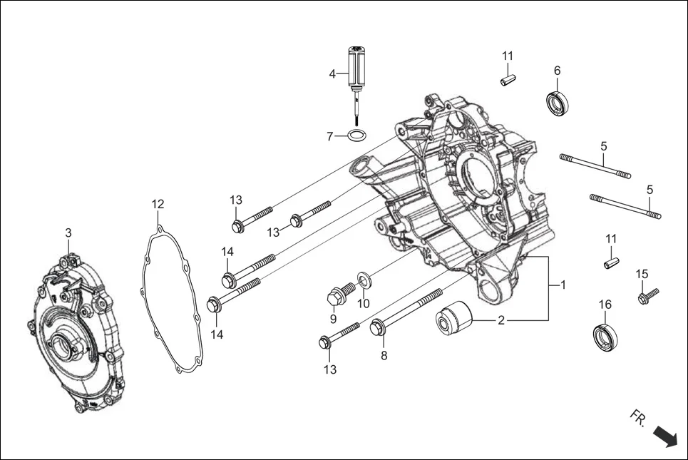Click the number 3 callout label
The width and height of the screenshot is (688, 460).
tap(68, 233)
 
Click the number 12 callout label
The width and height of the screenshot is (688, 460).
tap(158, 205)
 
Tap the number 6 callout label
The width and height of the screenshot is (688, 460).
tap(558, 71)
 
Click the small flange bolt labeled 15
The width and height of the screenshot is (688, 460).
tap(649, 292)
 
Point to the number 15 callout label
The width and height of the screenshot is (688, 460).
tap(642, 274)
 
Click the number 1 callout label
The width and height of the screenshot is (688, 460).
tap(563, 285)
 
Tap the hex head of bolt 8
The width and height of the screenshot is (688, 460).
tap(378, 328)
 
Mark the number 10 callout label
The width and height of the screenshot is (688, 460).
tap(364, 303)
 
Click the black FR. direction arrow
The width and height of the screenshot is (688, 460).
tap(664, 435)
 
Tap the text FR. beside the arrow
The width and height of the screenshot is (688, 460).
tap(637, 419)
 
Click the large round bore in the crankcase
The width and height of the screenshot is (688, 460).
tap(478, 175)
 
